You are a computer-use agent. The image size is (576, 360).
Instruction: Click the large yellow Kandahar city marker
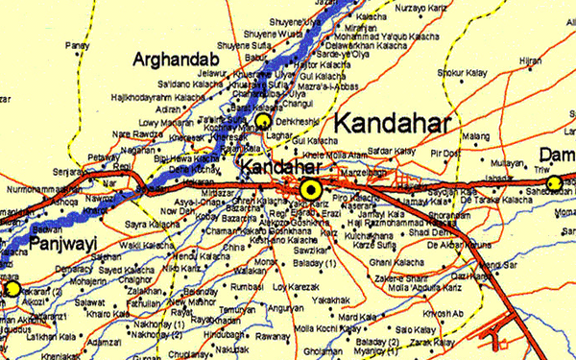(310, 187)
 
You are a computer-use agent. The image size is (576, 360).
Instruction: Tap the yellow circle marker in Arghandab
(262, 122)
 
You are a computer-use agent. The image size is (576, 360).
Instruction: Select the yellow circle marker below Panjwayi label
(12, 288)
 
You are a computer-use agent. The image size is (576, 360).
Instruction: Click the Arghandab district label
(180, 60)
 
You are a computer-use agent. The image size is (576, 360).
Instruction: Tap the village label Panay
(76, 45)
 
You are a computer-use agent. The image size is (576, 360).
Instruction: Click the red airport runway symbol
(504, 338)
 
